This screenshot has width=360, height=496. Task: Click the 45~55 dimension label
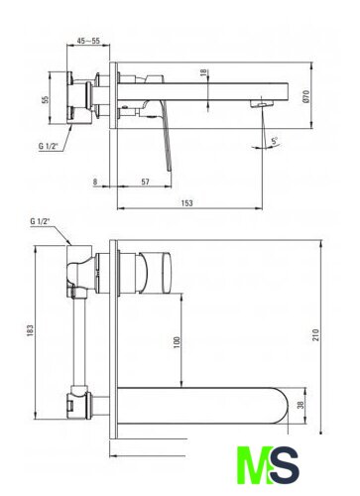pos(88,41)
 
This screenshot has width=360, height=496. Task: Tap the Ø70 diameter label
pos(305,96)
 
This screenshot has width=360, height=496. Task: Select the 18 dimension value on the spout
pos(203,72)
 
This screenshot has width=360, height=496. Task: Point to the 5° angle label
pos(275,141)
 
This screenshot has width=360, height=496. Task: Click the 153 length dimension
pos(187,202)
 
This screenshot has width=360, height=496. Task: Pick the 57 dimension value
pos(145,182)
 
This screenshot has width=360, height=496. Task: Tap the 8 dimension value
pos(95,182)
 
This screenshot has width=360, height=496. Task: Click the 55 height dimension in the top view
pos(46,99)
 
